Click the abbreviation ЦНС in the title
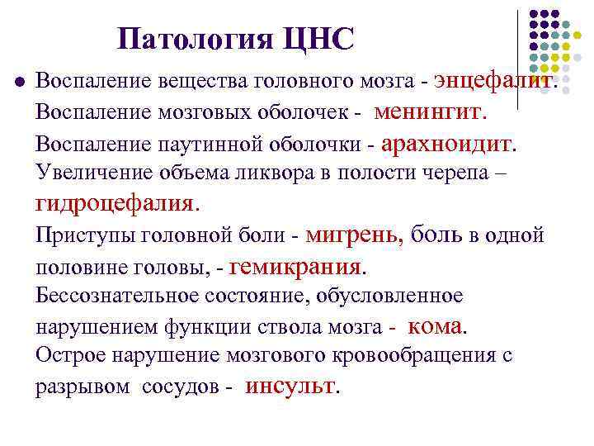point(318,38)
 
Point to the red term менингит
point(429,111)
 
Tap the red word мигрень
point(353,235)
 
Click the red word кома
point(435,325)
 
